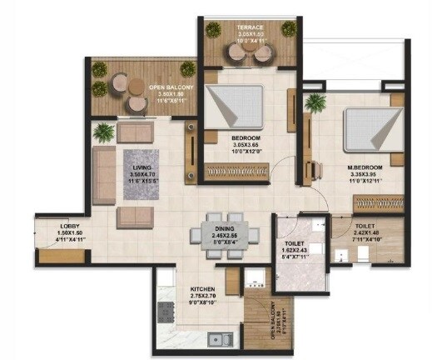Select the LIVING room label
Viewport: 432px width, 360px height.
(141, 167)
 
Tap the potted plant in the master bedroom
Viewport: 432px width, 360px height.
(315, 102)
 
